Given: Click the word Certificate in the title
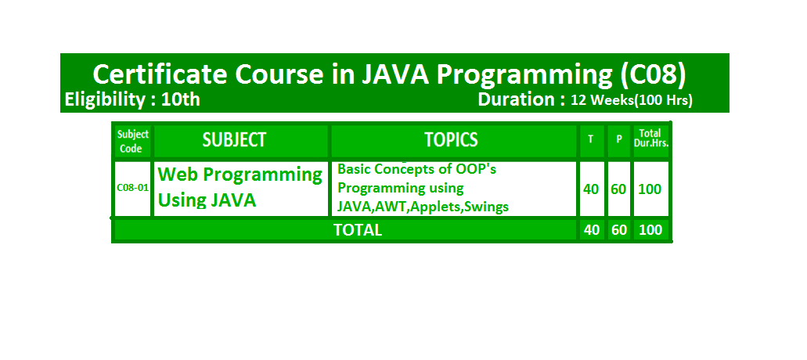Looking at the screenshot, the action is click(x=160, y=74).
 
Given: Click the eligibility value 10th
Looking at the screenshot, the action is click(x=181, y=99).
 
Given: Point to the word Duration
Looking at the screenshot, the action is click(x=516, y=99).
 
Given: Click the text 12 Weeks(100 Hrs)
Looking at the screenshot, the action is click(x=632, y=101).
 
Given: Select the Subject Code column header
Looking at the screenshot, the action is click(x=133, y=141).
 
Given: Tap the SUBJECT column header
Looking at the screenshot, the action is click(x=234, y=140).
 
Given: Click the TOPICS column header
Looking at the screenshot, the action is click(x=452, y=140).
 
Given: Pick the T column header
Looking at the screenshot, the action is click(x=591, y=139).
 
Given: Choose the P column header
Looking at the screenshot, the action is click(x=619, y=139).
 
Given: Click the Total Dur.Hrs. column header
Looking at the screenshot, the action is click(x=651, y=139).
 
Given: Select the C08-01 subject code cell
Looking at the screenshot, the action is click(x=133, y=188).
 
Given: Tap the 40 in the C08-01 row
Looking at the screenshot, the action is click(x=591, y=189).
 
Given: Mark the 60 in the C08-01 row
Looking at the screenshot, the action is click(x=618, y=189).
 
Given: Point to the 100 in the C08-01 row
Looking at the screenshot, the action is click(x=650, y=189).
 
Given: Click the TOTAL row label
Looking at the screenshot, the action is click(x=358, y=230).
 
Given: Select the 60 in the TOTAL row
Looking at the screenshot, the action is click(x=618, y=230).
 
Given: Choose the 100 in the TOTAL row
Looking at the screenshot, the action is click(x=650, y=230).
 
